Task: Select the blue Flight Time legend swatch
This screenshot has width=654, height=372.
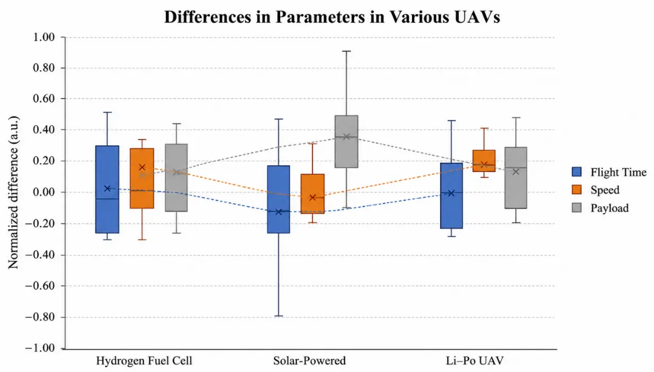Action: click(576, 172)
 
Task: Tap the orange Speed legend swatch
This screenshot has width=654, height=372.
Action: click(576, 190)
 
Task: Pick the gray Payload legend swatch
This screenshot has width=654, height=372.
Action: click(576, 208)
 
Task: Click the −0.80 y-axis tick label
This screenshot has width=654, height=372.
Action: click(40, 317)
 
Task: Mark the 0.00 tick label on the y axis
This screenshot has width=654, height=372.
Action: click(44, 192)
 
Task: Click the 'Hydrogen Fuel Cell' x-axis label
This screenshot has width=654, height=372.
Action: click(144, 361)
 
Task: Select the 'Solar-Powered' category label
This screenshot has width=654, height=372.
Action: click(309, 361)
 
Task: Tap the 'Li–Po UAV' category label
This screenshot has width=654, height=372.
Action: click(475, 361)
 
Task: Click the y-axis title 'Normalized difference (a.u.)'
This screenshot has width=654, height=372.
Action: click(13, 192)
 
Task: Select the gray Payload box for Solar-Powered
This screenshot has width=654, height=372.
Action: click(347, 141)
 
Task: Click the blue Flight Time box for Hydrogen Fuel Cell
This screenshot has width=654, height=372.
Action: click(107, 189)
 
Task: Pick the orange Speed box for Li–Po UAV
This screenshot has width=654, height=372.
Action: click(484, 161)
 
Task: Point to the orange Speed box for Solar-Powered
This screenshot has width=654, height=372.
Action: click(313, 194)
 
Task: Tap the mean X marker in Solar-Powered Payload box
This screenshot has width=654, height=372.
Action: click(347, 136)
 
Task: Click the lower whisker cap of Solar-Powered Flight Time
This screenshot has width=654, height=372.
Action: click(279, 316)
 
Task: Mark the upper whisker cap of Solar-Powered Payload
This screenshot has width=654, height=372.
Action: click(347, 51)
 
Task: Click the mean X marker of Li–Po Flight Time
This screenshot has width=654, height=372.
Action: click(451, 193)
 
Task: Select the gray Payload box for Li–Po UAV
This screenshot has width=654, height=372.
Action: click(516, 178)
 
